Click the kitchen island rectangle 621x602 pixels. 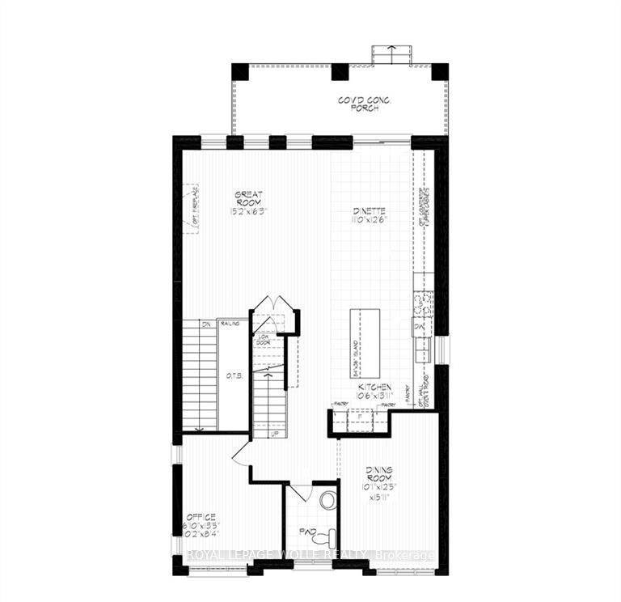tap(361, 340)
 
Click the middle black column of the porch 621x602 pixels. tap(340, 72)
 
